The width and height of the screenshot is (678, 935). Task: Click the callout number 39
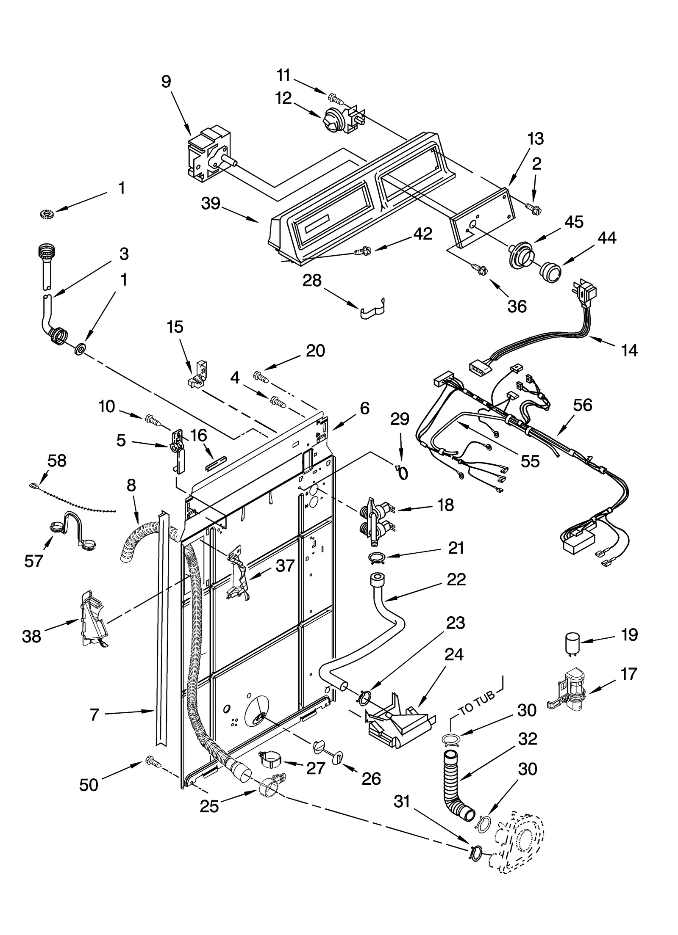point(211,204)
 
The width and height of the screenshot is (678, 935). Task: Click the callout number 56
point(582,405)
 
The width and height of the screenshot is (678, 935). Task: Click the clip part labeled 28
point(373,310)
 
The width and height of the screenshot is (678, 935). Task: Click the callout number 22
point(456,579)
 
